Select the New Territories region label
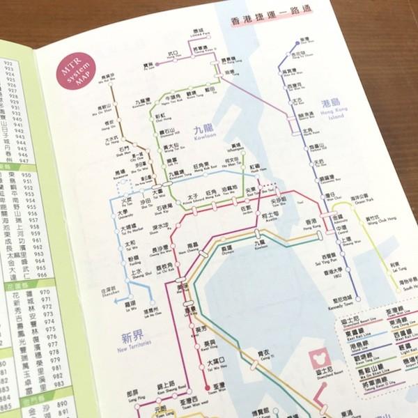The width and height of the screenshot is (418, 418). [128, 341]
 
